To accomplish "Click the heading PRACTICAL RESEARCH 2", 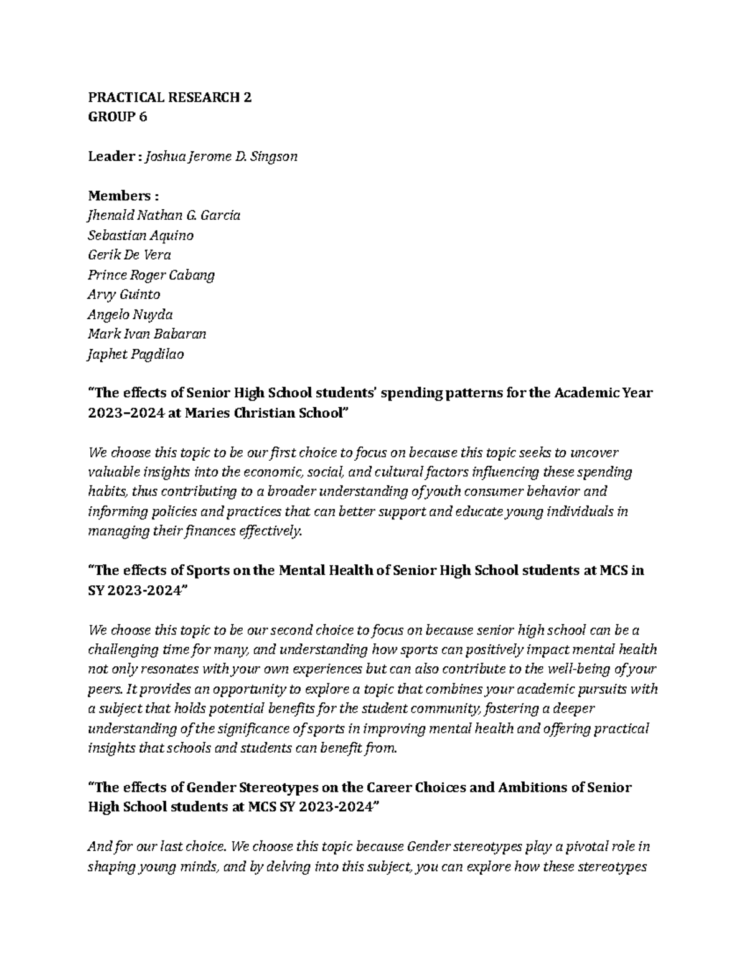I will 170,97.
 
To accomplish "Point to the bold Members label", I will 119,196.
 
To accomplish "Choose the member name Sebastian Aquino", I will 141,235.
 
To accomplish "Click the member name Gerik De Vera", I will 129,255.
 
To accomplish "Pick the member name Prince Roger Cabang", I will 151,275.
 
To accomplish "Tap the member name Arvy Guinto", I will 124,295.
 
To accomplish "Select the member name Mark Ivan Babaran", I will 147,334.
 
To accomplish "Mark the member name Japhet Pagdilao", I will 136,354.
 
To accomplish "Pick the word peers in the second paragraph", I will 105,689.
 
